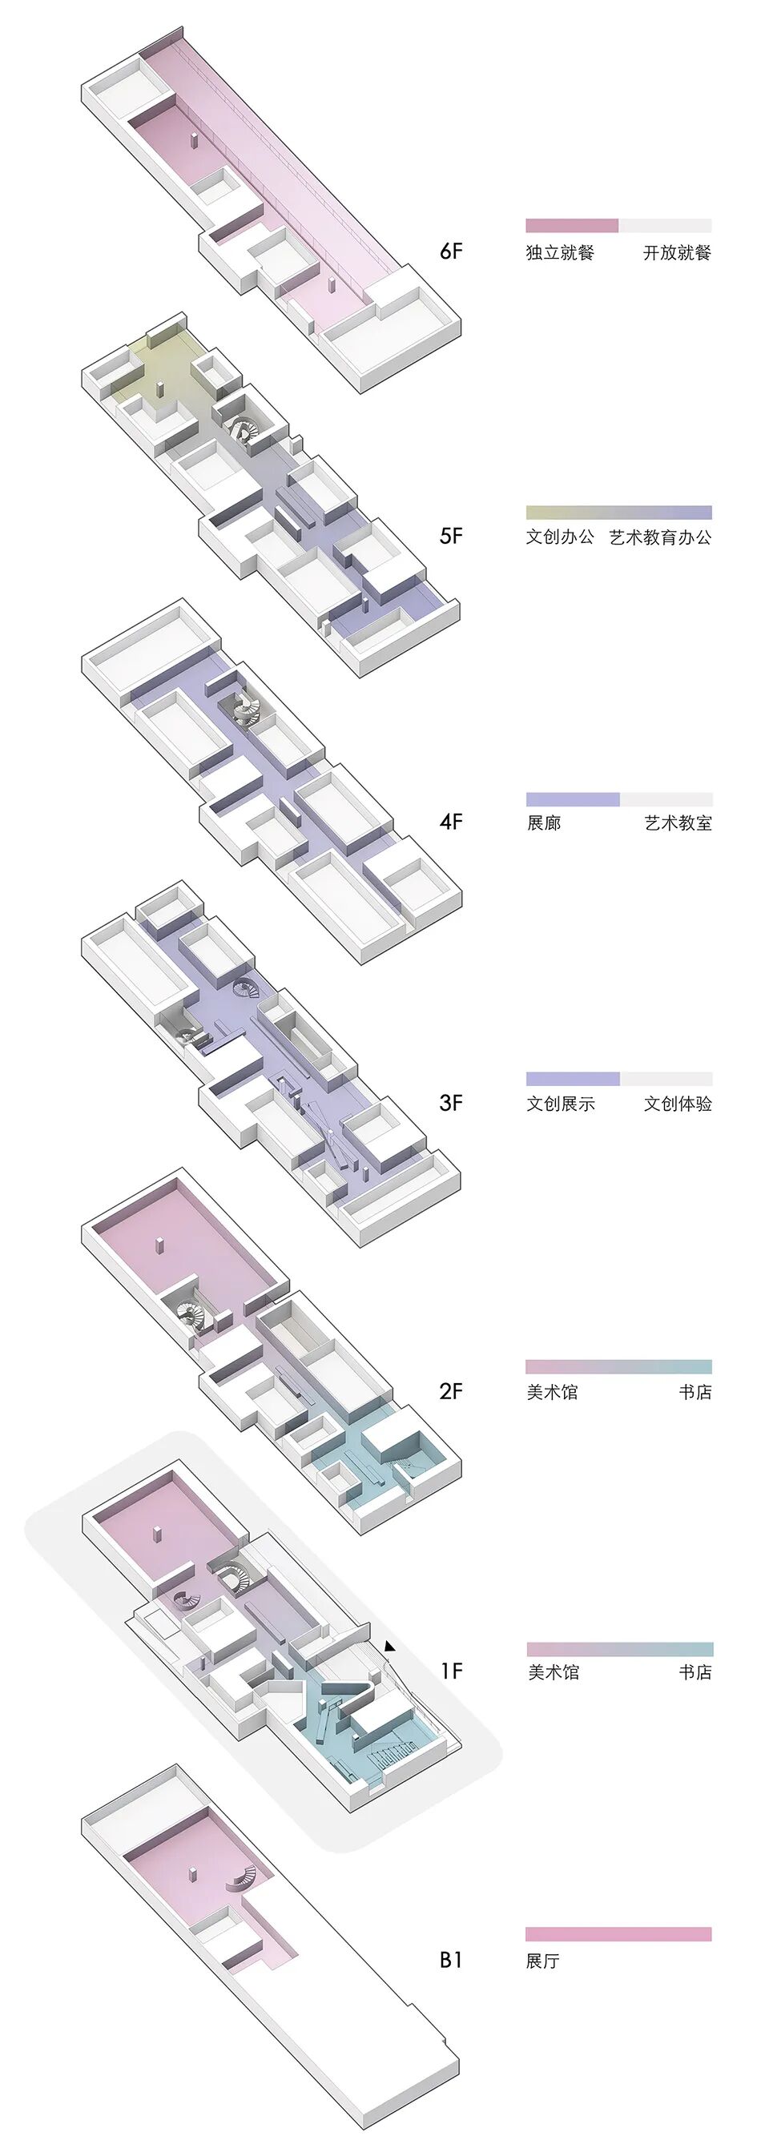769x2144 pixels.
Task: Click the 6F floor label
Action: point(450,251)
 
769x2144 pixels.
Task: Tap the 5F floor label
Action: point(450,535)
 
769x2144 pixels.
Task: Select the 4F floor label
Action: point(450,822)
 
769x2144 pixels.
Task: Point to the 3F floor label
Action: point(450,1103)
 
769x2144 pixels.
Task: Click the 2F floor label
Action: point(450,1391)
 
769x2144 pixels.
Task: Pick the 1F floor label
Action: point(451,1671)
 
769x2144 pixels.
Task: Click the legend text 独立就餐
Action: point(560,252)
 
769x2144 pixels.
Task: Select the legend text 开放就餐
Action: point(678,252)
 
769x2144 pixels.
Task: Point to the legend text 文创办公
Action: point(560,537)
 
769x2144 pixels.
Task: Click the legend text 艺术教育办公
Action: point(660,537)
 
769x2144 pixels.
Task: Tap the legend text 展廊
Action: point(543,823)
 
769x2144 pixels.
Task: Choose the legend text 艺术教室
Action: point(678,823)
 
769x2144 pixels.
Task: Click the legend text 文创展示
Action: point(560,1104)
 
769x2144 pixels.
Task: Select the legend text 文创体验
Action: point(678,1104)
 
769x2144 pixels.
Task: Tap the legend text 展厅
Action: point(542,1961)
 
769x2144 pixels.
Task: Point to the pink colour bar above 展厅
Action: point(618,1934)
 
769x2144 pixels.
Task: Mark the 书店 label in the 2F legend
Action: point(695,1392)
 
